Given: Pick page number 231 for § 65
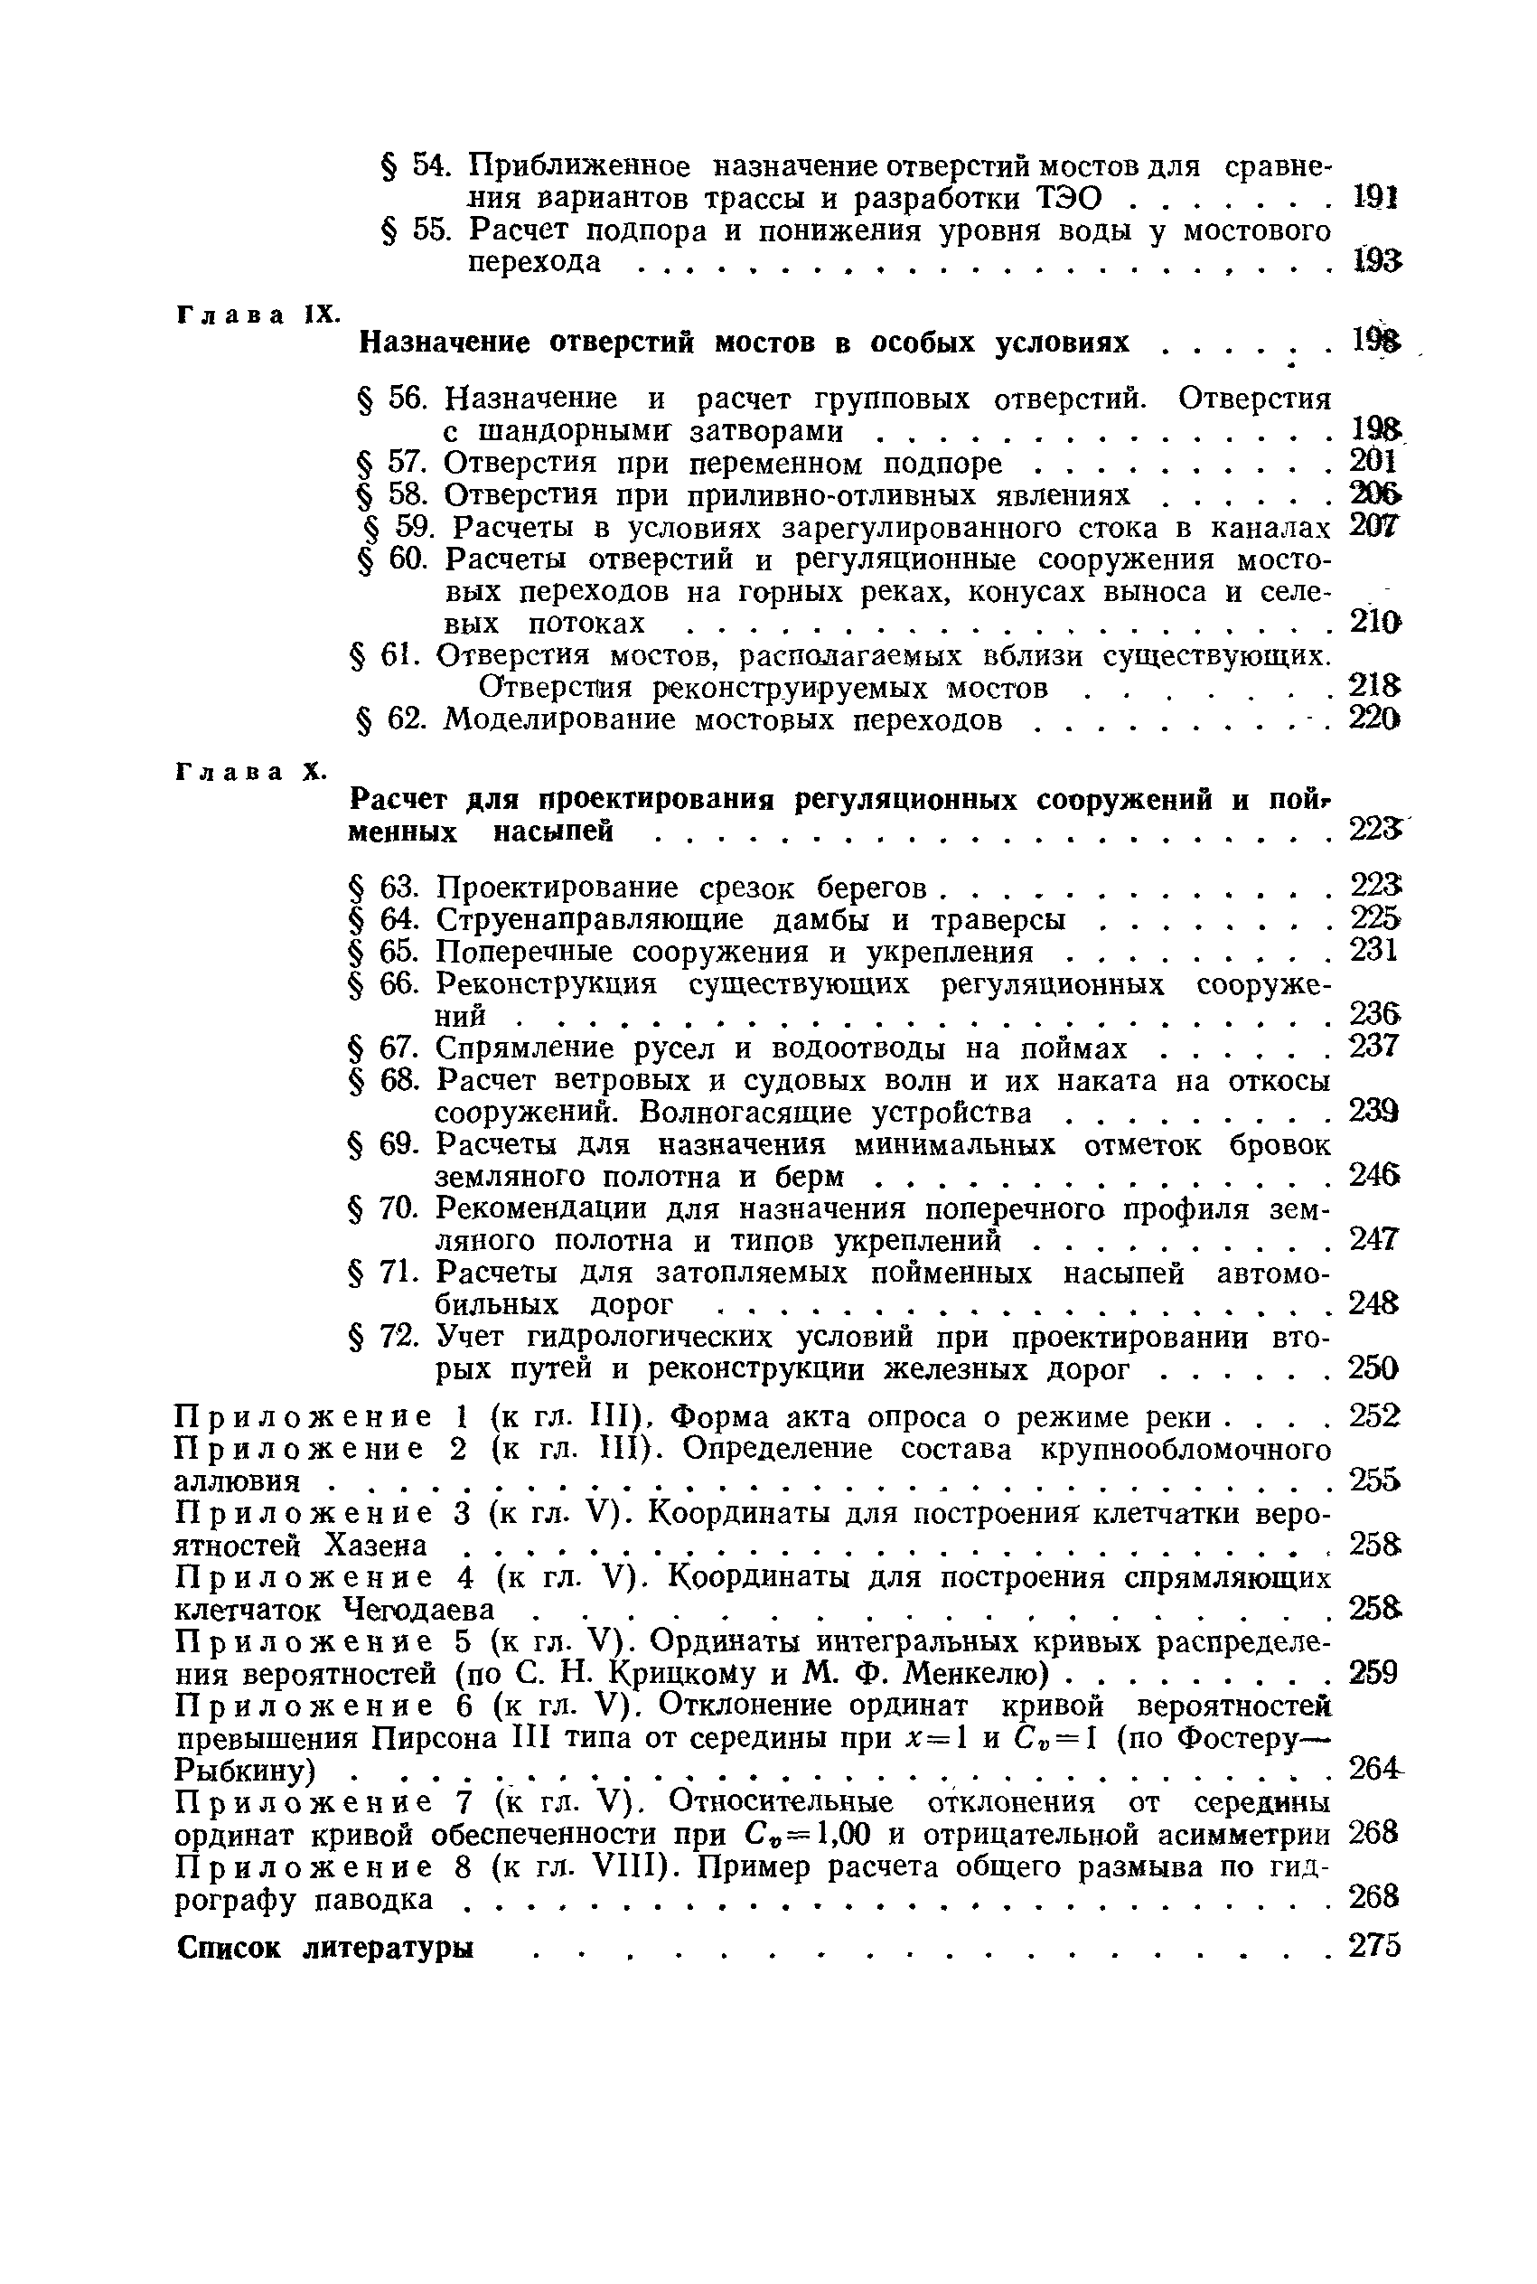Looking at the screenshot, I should [x=1373, y=950].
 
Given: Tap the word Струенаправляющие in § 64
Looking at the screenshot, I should [x=589, y=920].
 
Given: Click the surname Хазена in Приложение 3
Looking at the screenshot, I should [x=377, y=1546].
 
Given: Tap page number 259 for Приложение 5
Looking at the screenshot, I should [x=1373, y=1672].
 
